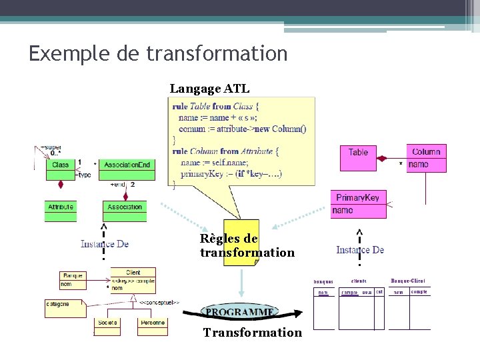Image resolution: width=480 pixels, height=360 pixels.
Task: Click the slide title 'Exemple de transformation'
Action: point(158,53)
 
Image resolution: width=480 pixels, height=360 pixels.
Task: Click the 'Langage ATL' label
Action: point(209,89)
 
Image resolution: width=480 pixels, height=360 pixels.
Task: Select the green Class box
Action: point(60,164)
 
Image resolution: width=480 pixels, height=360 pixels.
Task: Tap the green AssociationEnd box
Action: point(127,164)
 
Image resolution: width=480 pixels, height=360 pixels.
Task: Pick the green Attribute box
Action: point(60,207)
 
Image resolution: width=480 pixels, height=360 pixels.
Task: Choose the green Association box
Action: point(125,207)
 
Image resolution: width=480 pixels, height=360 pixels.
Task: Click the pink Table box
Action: point(358,153)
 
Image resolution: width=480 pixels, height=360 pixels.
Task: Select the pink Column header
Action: point(426,152)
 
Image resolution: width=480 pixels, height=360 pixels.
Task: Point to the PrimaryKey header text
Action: point(358,197)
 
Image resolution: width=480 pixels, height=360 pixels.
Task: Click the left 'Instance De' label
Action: point(105,244)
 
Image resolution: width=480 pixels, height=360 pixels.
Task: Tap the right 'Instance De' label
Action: point(360,250)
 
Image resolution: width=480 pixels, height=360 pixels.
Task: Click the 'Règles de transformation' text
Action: point(247,245)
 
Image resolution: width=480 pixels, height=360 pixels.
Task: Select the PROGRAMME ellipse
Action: point(240,312)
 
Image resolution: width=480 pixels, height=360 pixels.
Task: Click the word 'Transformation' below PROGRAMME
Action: point(252,333)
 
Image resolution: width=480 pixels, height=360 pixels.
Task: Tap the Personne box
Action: point(153,323)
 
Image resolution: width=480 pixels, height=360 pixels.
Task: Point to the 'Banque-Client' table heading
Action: point(408,281)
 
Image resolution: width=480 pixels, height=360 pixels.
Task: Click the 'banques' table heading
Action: point(323,282)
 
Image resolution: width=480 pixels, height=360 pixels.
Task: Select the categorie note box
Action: point(61,305)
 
